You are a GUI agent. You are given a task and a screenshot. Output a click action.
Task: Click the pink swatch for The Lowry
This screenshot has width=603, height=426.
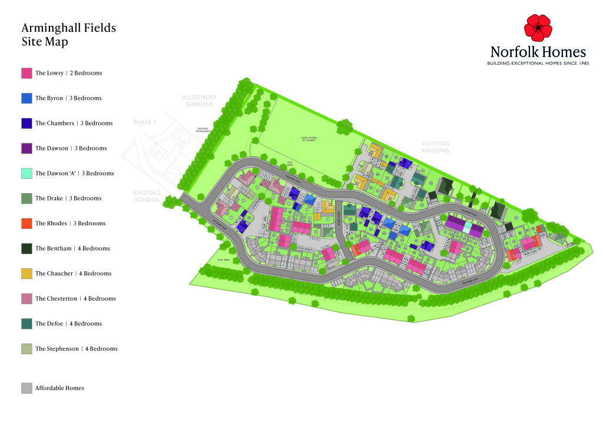(26, 73)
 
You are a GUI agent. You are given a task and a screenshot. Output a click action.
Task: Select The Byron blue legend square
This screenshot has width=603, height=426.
(26, 98)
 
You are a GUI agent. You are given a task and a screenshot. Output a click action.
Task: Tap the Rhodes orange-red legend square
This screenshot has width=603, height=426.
(26, 224)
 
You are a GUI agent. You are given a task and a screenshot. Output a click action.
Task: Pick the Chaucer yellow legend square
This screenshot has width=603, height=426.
(26, 274)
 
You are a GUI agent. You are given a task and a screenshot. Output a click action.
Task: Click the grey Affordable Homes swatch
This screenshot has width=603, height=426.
(26, 388)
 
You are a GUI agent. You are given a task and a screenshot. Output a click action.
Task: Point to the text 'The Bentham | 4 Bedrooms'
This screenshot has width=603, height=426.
(73, 249)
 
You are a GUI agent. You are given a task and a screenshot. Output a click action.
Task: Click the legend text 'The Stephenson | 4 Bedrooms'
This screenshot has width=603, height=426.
(76, 349)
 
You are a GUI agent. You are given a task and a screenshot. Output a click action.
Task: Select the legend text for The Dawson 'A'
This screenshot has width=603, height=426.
(74, 174)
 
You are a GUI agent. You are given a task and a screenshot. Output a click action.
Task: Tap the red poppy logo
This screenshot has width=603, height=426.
(538, 28)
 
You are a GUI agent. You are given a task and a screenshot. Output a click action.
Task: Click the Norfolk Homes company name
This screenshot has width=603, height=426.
(538, 52)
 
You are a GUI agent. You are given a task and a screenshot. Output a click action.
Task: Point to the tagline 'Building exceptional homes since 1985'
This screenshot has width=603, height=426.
(538, 63)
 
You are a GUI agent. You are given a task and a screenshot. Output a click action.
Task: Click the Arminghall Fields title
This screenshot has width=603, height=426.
(68, 28)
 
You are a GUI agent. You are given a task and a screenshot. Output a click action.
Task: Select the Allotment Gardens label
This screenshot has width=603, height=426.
(200, 101)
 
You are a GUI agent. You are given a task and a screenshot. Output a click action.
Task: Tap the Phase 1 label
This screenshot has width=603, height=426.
(145, 122)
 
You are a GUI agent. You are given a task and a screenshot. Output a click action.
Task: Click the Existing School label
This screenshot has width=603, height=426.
(147, 196)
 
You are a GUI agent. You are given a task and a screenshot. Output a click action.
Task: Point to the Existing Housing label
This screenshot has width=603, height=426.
(435, 147)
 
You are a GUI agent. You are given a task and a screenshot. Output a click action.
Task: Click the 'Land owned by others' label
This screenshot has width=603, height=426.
(309, 139)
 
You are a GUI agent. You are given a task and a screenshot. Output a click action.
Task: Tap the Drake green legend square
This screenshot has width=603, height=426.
(26, 199)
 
